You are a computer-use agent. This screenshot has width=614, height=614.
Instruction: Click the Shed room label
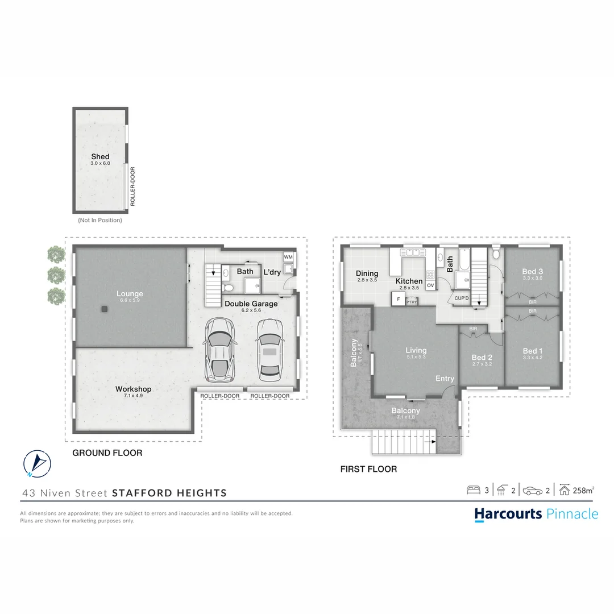click(100, 157)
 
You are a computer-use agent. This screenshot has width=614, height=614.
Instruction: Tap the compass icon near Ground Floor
click(37, 463)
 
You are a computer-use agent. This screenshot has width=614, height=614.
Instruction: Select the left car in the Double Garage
click(219, 350)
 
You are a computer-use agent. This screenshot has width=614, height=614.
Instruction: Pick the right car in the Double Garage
click(270, 350)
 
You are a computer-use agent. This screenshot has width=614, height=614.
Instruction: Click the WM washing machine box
click(288, 258)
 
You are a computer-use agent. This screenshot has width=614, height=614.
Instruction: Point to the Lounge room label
click(130, 294)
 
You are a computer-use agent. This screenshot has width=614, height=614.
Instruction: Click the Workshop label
click(133, 389)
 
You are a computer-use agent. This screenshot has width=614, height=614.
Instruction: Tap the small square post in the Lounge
click(105, 309)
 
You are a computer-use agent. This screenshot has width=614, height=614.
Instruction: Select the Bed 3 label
click(533, 272)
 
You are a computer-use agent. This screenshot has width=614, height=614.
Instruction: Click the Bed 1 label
click(533, 351)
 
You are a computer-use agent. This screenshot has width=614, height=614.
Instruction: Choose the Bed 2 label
click(482, 358)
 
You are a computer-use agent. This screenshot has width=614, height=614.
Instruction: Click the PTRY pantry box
click(412, 302)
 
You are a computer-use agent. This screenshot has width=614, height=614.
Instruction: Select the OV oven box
click(430, 285)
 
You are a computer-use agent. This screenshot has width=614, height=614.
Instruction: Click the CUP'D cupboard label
click(460, 298)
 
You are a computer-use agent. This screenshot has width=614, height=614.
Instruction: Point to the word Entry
click(445, 379)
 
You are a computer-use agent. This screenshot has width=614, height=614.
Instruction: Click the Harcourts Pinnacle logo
click(536, 514)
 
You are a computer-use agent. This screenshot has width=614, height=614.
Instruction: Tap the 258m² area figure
click(584, 490)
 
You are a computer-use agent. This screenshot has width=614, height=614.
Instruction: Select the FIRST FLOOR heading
click(368, 469)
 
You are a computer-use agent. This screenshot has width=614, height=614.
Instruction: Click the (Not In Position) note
click(100, 220)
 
